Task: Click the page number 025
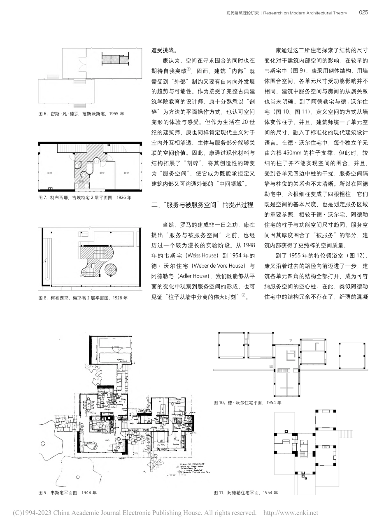click(363, 13)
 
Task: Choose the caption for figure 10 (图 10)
click(247, 402)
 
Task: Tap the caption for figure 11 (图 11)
click(246, 492)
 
